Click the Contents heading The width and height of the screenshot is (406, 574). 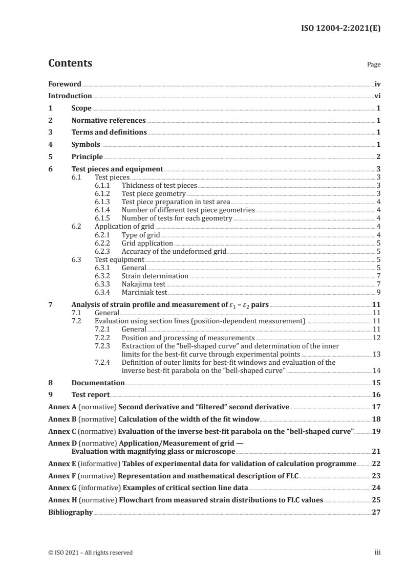(x=70, y=63)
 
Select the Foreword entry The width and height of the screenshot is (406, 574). (x=65, y=84)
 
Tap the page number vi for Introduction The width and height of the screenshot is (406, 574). (x=377, y=96)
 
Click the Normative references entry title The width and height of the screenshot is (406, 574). (x=109, y=121)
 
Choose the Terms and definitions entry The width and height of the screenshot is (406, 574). (x=109, y=133)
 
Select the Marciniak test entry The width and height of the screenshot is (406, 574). (x=144, y=293)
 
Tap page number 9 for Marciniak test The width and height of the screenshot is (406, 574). (x=378, y=293)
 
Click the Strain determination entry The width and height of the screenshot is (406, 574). (x=155, y=276)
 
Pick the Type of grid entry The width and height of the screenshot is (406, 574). (x=141, y=235)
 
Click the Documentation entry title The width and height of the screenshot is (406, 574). (x=98, y=383)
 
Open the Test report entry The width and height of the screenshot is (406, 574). (x=91, y=394)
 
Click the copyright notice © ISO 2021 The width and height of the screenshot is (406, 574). (x=90, y=553)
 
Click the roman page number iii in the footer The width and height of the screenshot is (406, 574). (x=378, y=553)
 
